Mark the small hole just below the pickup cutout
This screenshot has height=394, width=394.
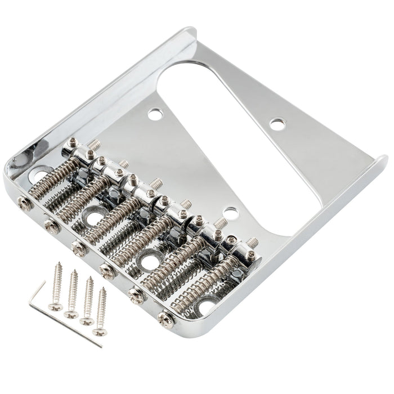click(x=229, y=213)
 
